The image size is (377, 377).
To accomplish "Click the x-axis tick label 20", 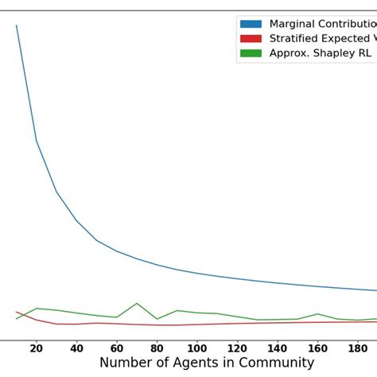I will (37, 348).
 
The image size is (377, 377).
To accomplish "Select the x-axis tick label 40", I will (76, 348).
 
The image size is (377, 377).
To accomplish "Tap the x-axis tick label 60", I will (117, 348).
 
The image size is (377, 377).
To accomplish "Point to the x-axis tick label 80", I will (157, 348).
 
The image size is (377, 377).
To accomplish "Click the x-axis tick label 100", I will (197, 348).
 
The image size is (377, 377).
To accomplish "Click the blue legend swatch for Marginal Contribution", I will (251, 24).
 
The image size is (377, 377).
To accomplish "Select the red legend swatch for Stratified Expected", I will (251, 39).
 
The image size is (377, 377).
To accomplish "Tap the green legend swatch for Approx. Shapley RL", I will (251, 54).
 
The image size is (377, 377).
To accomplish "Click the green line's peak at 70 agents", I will (137, 303).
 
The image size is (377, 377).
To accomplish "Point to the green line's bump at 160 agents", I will (317, 314).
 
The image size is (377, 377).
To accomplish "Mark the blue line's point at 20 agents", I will (37, 141).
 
